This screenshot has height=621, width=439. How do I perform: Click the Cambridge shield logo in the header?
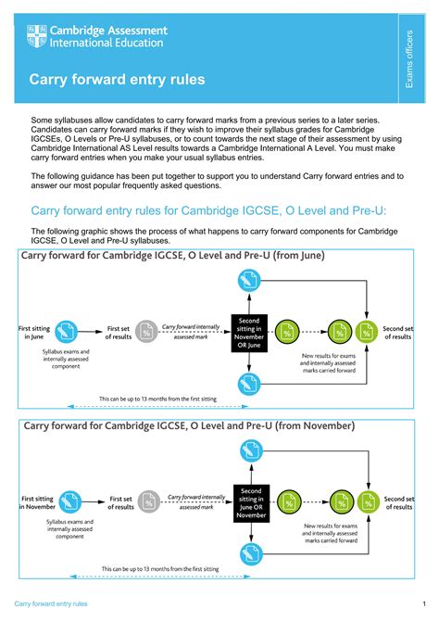click(35, 37)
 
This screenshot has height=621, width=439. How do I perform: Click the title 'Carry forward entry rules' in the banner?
click(117, 81)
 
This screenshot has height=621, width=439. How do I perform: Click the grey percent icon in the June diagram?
click(146, 331)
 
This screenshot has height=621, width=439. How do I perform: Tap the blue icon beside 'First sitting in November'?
click(69, 501)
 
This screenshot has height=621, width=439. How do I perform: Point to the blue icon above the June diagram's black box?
click(247, 278)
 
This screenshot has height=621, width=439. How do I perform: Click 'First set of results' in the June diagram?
click(119, 332)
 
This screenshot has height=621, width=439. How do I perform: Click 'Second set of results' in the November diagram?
click(398, 502)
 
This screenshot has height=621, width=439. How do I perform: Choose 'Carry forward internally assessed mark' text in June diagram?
click(189, 332)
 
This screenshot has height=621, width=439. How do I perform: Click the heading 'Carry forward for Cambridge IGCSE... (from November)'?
click(188, 425)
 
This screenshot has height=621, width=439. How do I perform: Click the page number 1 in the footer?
click(422, 603)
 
